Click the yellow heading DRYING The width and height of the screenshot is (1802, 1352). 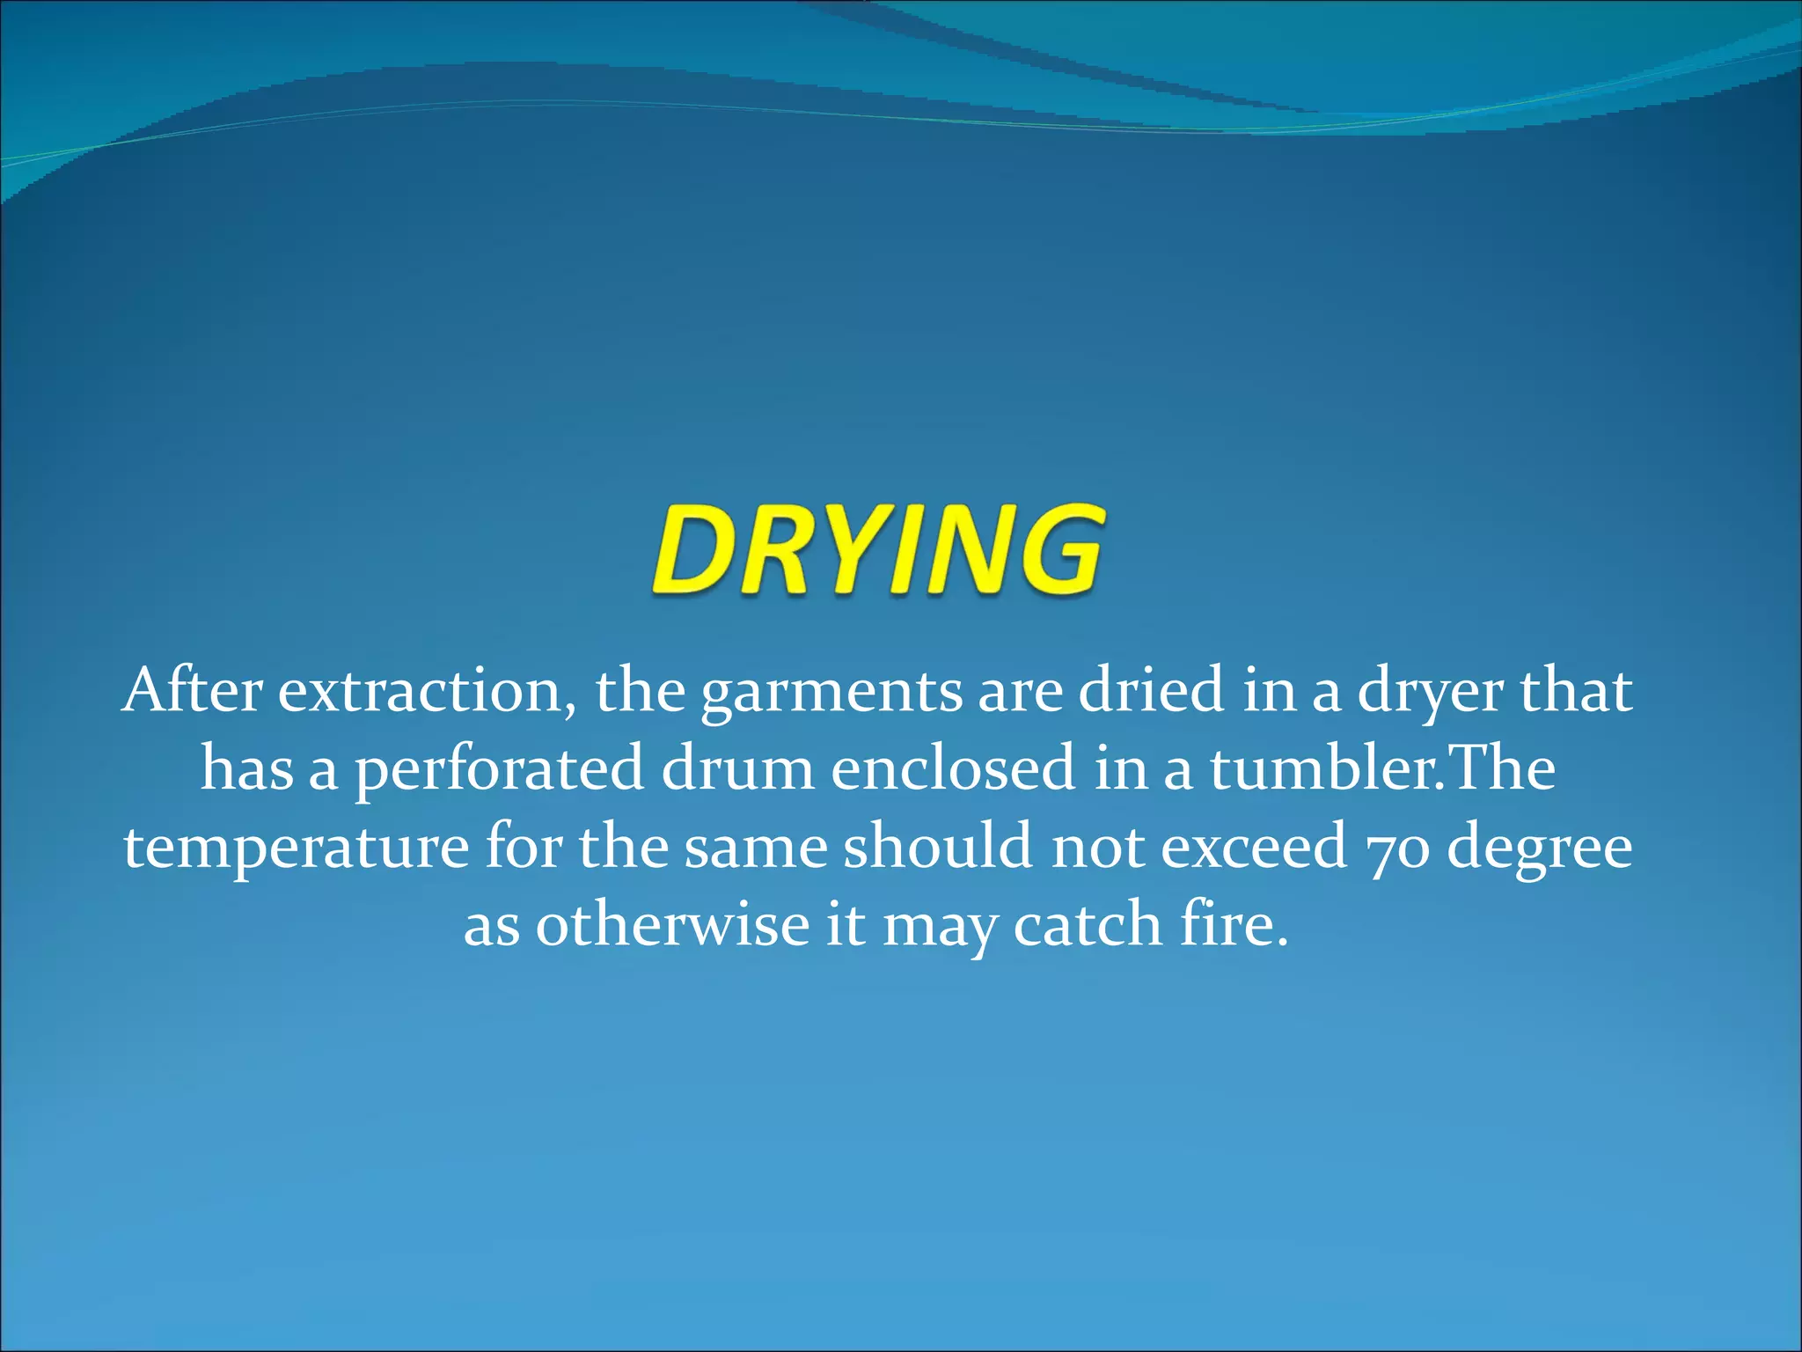pos(876,550)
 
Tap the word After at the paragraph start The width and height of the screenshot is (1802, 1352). pos(193,691)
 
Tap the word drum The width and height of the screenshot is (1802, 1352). pos(737,768)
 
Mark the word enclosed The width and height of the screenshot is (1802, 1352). pos(953,768)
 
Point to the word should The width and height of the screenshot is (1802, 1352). pos(937,845)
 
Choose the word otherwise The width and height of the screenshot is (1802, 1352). pos(672,924)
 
